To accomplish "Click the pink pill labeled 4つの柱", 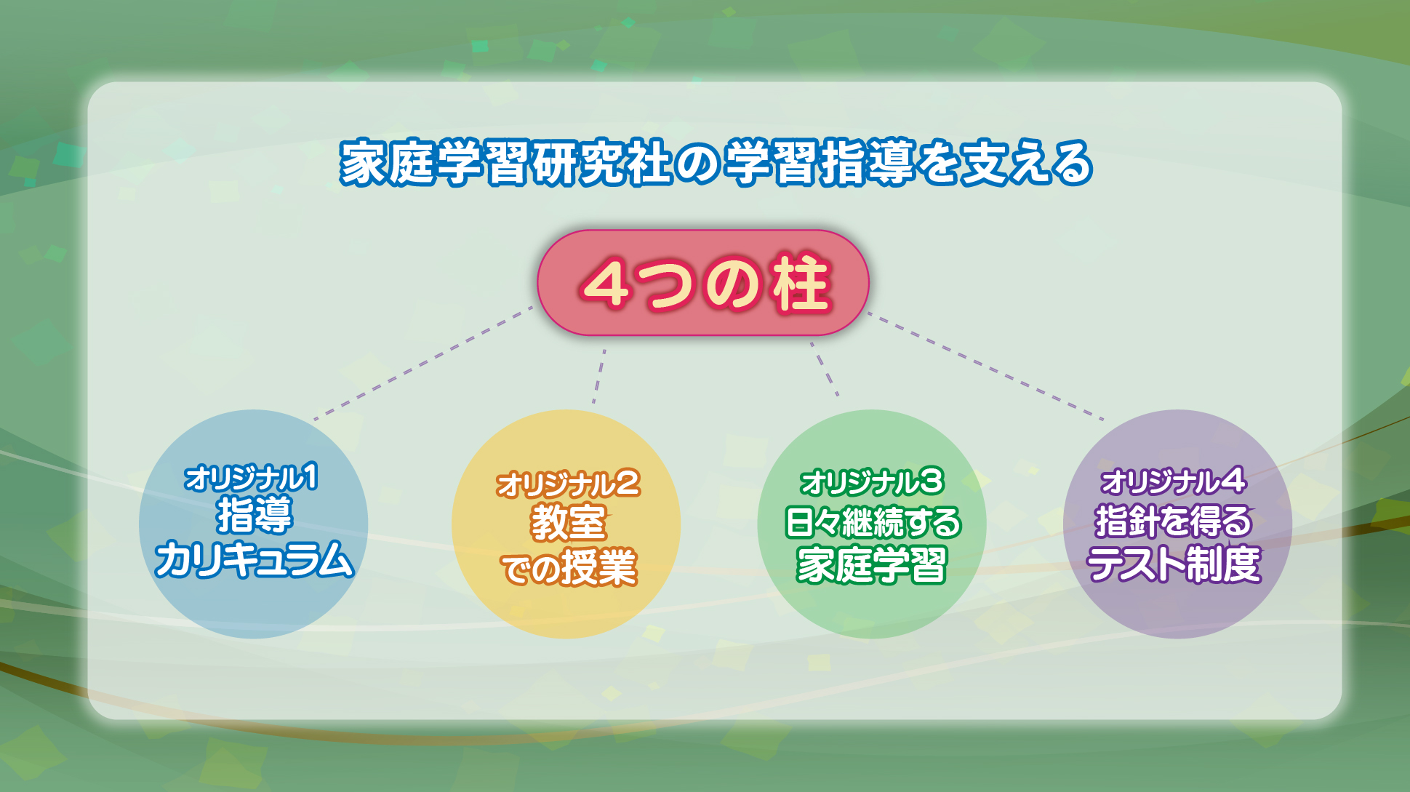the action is click(x=703, y=283).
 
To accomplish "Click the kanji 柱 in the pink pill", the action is click(x=801, y=284).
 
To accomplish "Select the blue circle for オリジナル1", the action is click(x=253, y=524).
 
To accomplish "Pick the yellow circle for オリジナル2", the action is click(x=566, y=524).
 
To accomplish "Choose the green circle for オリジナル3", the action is click(x=872, y=524).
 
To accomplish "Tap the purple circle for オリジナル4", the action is click(x=1177, y=524).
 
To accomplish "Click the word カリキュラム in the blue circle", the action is click(x=254, y=559).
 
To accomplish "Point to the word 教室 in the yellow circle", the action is click(x=568, y=522).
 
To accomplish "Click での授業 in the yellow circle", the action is click(x=569, y=567).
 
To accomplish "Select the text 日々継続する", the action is click(x=873, y=522).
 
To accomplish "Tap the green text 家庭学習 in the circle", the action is click(x=872, y=564).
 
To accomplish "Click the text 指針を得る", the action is click(x=1174, y=521).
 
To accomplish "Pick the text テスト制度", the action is click(x=1174, y=564).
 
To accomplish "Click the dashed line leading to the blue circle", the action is click(x=423, y=363).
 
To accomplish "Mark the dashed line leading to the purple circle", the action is click(x=986, y=367).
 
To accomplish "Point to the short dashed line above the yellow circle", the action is click(x=598, y=376).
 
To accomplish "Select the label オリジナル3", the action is click(x=871, y=482).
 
